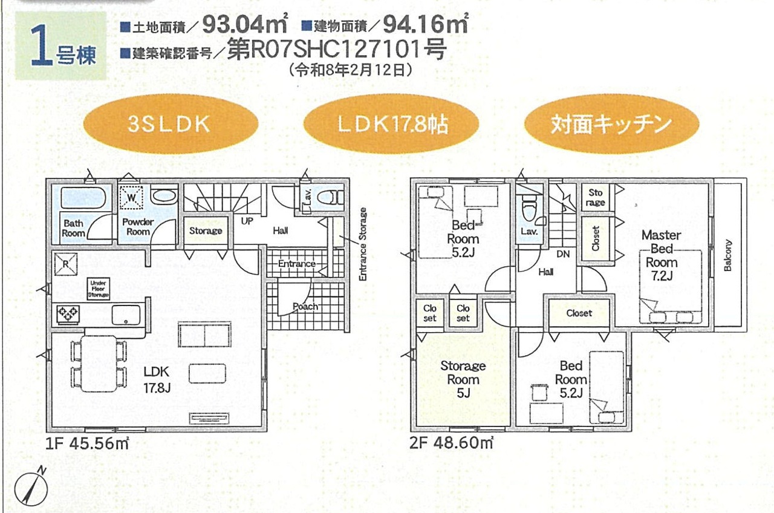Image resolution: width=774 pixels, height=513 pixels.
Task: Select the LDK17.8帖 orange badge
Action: tap(391, 124)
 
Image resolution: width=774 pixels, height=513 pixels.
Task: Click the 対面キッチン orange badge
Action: tap(611, 124)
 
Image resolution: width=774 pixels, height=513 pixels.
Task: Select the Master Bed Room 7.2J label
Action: tap(662, 255)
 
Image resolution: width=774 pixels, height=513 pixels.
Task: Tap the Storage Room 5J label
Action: tap(463, 379)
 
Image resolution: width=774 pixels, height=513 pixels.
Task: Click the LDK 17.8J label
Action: tap(157, 379)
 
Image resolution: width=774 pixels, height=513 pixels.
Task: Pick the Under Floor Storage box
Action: tap(99, 289)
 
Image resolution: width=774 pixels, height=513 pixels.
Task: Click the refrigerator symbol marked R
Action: tap(66, 264)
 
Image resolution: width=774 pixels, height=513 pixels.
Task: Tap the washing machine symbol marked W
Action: tap(131, 198)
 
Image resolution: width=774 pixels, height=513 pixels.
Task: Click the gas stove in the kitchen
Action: tap(68, 314)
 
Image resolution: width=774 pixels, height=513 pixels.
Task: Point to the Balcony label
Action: tap(727, 255)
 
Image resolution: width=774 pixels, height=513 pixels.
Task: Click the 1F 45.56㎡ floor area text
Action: tap(87, 443)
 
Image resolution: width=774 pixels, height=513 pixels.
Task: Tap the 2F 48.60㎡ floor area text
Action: tap(451, 443)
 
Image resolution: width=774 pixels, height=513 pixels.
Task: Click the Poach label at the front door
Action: tap(305, 307)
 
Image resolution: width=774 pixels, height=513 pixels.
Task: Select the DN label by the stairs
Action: tap(563, 255)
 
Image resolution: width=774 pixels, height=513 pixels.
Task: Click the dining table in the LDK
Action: tap(99, 364)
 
